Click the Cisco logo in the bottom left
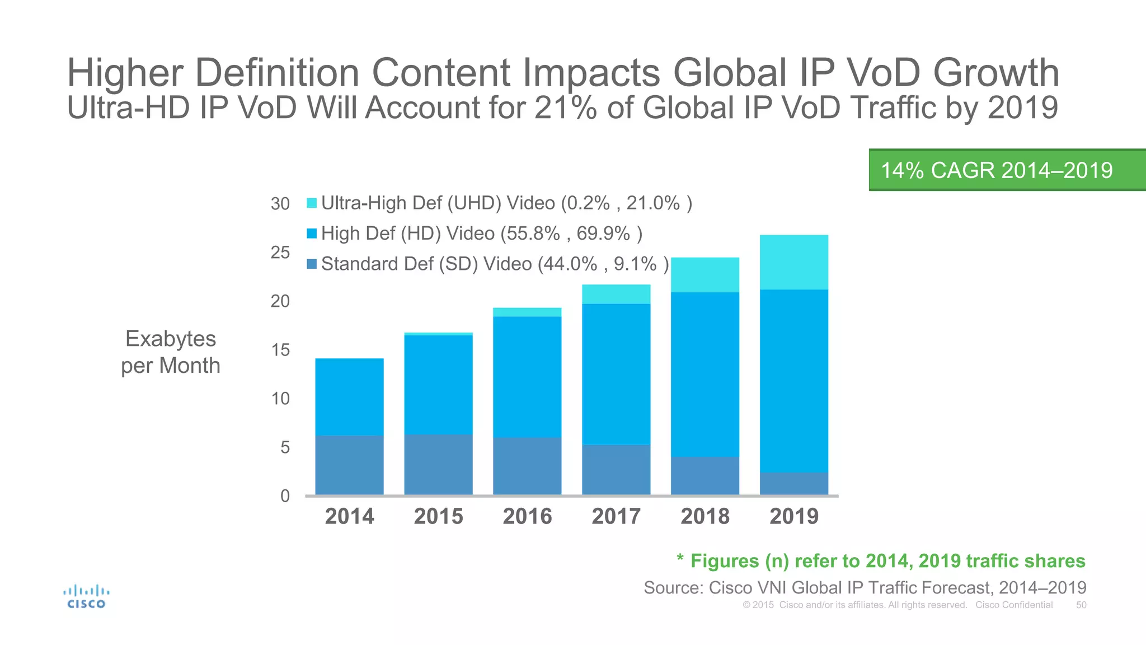point(86,596)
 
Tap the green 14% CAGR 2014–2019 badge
point(1006,170)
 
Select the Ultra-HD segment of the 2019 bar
point(793,262)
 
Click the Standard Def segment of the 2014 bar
point(349,465)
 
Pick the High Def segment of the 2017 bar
point(616,374)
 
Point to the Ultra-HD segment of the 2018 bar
point(704,275)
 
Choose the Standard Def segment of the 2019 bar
point(793,484)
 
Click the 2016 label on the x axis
point(527,516)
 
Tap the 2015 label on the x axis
point(438,516)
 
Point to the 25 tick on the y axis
point(280,253)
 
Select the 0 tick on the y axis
point(285,496)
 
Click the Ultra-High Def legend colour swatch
point(312,203)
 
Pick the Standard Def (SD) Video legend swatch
point(312,264)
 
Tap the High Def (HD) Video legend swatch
point(312,233)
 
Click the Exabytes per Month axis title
point(171,352)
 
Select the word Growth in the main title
point(995,73)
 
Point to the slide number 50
point(1081,605)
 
